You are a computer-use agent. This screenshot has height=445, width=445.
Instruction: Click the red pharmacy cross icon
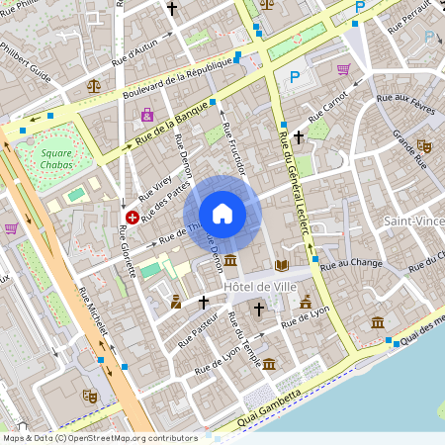pos(132,216)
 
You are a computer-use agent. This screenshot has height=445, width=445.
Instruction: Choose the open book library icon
pos(282,265)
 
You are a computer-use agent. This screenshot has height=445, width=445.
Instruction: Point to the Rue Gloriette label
pos(126,249)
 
